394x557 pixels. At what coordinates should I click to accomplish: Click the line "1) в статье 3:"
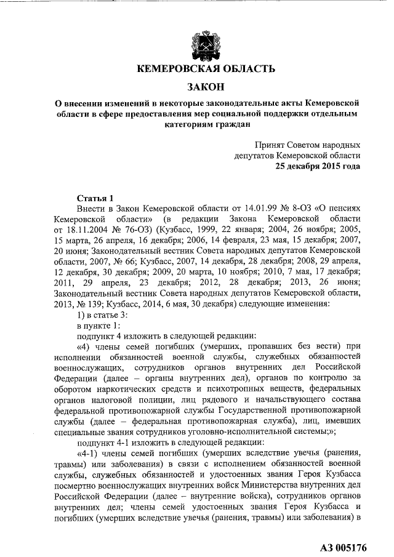click(105, 314)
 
